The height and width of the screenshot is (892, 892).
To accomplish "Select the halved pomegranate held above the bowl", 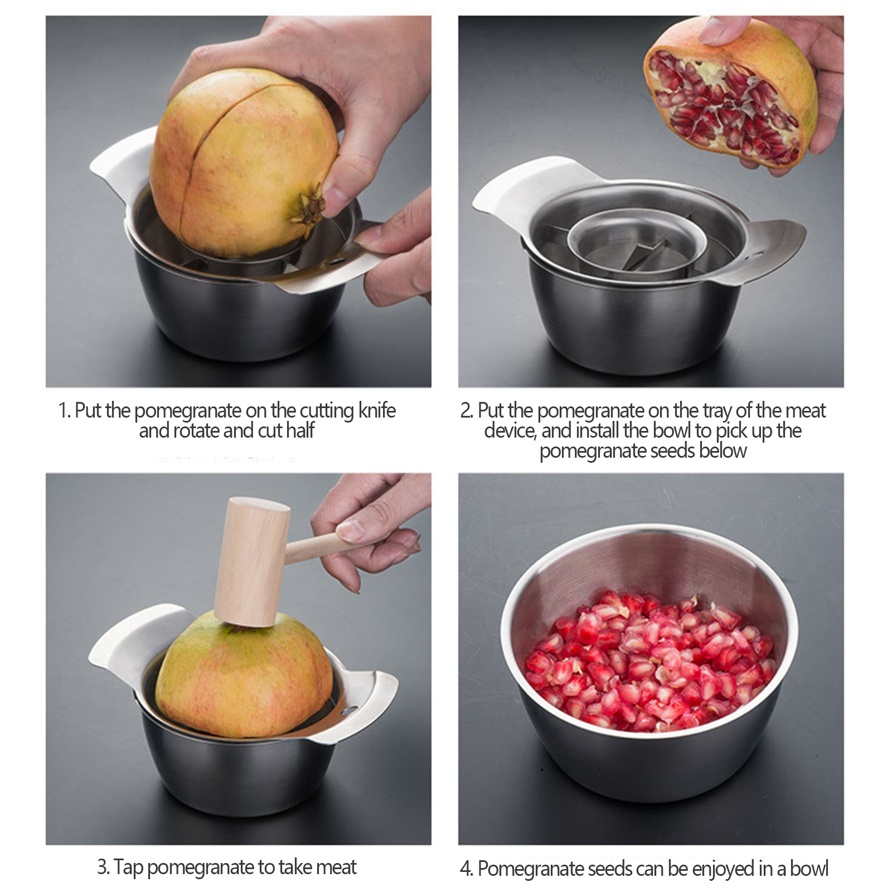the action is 731,93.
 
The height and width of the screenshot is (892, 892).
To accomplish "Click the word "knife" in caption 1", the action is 377,411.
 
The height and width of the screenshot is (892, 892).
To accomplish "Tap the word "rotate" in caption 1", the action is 197,431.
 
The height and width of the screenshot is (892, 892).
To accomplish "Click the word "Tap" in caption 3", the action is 129,868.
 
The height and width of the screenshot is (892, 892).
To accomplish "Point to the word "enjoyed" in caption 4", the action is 723,869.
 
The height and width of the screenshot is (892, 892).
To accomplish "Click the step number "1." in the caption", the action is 65,411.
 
